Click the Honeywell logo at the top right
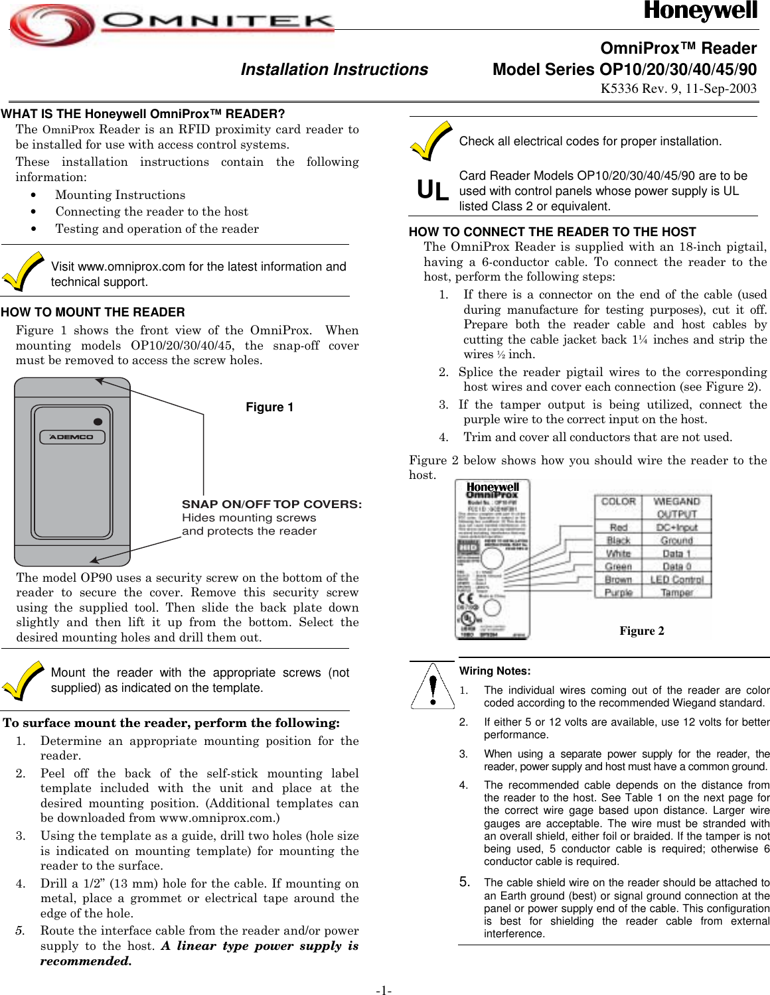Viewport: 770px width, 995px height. click(x=700, y=11)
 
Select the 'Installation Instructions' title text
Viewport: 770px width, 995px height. click(x=334, y=70)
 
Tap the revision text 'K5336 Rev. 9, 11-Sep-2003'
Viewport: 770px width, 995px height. click(x=678, y=89)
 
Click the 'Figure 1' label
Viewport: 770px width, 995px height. click(x=269, y=407)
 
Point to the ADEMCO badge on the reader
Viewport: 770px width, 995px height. click(x=72, y=437)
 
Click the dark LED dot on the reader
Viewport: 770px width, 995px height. click(x=98, y=422)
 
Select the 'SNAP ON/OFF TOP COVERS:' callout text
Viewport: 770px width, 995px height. click(x=271, y=504)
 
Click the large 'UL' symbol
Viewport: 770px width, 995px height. click(x=432, y=191)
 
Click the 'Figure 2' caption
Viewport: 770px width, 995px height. click(x=641, y=631)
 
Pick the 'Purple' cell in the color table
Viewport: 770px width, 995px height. click(x=618, y=592)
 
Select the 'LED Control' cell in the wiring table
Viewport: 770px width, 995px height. click(x=676, y=579)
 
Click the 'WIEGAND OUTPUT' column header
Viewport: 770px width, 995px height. click(x=676, y=507)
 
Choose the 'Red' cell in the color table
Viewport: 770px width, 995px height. click(x=618, y=527)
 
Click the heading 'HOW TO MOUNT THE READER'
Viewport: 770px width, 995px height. click(x=93, y=312)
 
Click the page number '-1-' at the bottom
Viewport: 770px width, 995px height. click(x=384, y=990)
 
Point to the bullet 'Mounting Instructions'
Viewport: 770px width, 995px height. click(x=120, y=195)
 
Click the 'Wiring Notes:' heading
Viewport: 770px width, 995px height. click(x=495, y=671)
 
